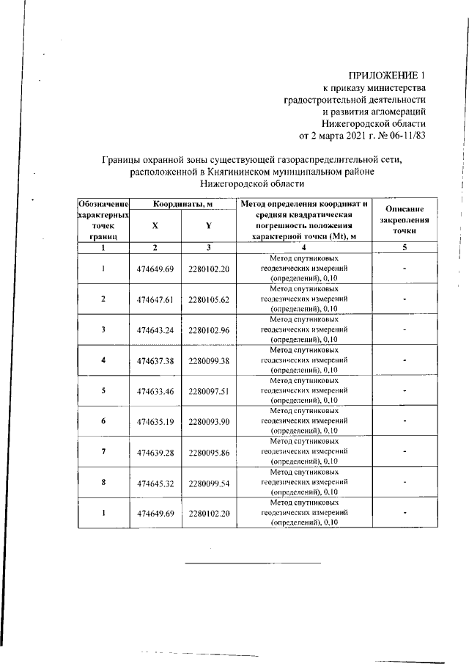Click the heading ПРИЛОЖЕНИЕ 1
[x=387, y=76]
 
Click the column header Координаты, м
[x=182, y=203]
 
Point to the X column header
[x=155, y=227]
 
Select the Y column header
[x=209, y=227]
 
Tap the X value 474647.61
[x=155, y=299]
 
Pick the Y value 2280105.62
[x=209, y=299]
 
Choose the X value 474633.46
[x=155, y=391]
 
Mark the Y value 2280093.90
[x=209, y=422]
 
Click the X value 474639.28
[x=155, y=452]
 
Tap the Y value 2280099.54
[x=209, y=483]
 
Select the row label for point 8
[x=103, y=483]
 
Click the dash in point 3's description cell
[x=405, y=330]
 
